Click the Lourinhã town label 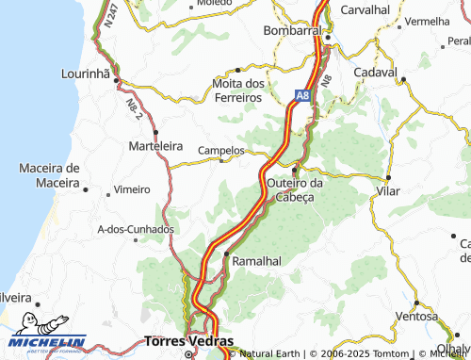tap(86, 73)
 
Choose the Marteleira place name tap(155, 146)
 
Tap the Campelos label tap(221, 150)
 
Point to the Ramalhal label tap(256, 260)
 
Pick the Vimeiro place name tap(132, 189)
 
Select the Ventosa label tap(417, 316)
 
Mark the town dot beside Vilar tap(388, 176)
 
